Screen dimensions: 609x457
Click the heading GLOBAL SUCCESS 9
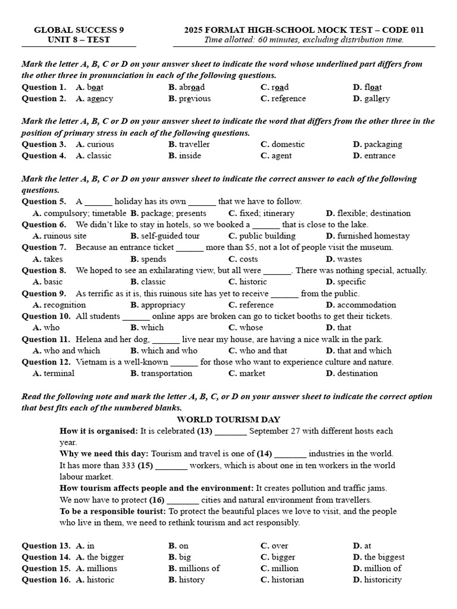pyautogui.click(x=79, y=30)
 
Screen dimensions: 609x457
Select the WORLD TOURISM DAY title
pyautogui.click(x=228, y=419)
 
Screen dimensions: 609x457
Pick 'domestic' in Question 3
pyautogui.click(x=287, y=145)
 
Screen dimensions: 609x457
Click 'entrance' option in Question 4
pyautogui.click(x=379, y=156)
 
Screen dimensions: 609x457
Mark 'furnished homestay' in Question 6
pyautogui.click(x=373, y=236)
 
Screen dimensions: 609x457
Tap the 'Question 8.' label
pyautogui.click(x=44, y=271)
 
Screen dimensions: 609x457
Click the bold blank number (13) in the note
pyautogui.click(x=205, y=431)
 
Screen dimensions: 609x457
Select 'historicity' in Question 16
pyautogui.click(x=383, y=580)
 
